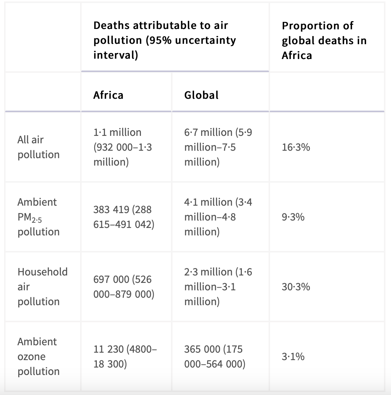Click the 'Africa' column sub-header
[x=108, y=95]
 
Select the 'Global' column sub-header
[x=201, y=95]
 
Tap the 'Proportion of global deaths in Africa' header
[x=324, y=40]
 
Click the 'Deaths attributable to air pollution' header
[x=165, y=40]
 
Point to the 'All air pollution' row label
[x=38, y=147]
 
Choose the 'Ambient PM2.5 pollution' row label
[x=38, y=217]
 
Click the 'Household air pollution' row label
[x=42, y=287]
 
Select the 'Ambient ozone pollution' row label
[x=38, y=356]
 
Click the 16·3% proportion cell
[x=296, y=147]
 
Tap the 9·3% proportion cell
[x=293, y=217]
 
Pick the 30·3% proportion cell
[x=296, y=287]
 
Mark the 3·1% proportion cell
[x=293, y=357]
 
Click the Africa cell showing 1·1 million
[x=122, y=147]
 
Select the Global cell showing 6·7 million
[x=218, y=147]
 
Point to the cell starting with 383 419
[x=124, y=217]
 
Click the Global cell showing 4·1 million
[x=218, y=217]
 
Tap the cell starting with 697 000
[x=124, y=287]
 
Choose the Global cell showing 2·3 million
[x=218, y=287]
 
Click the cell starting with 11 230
[x=125, y=357]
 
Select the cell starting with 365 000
[x=215, y=357]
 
